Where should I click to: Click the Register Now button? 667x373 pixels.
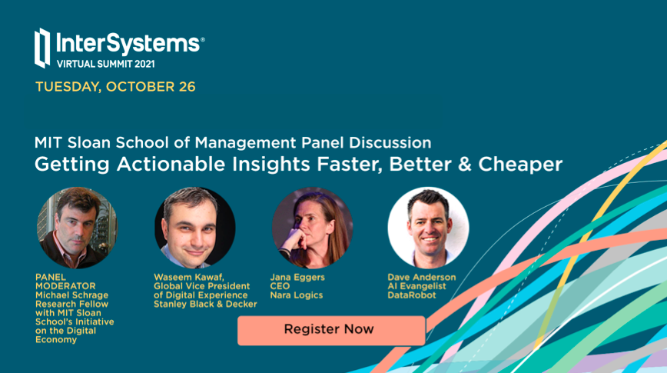click(x=331, y=331)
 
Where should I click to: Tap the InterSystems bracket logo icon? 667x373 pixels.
click(x=42, y=48)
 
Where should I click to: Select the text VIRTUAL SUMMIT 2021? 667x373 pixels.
click(x=106, y=65)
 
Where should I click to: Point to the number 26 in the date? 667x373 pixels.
click(x=187, y=87)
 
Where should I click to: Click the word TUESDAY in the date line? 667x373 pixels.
click(x=68, y=87)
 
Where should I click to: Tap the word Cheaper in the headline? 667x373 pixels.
click(x=520, y=165)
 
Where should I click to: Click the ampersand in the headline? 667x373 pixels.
click(x=464, y=165)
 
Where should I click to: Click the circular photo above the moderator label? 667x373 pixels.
click(x=77, y=228)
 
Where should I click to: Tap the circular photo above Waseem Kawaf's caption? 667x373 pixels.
click(x=195, y=228)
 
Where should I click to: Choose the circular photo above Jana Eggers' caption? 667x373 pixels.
click(x=312, y=228)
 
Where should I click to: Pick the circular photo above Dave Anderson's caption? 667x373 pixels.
click(x=428, y=228)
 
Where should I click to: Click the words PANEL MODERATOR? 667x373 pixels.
click(x=65, y=281)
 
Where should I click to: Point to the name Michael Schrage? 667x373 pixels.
click(x=71, y=295)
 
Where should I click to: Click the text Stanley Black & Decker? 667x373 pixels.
click(x=205, y=304)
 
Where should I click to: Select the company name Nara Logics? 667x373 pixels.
click(x=297, y=295)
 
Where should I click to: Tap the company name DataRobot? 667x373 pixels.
click(x=412, y=295)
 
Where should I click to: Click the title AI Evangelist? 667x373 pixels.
click(x=416, y=286)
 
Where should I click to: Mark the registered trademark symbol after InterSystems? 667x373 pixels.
click(x=203, y=39)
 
